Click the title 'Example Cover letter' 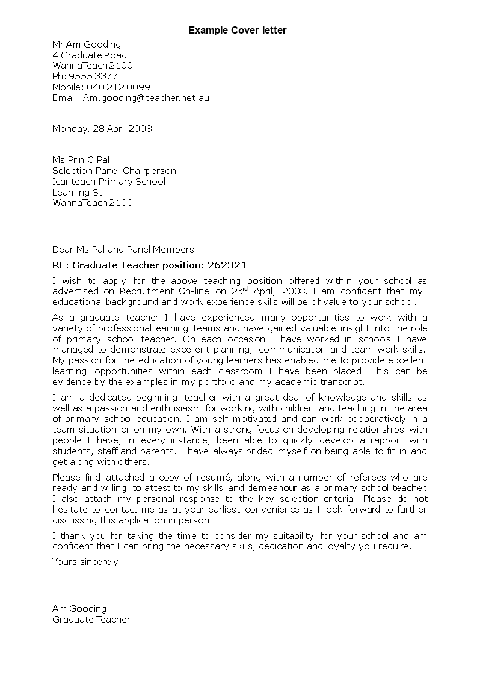coord(238,30)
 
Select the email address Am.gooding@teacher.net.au coord(146,97)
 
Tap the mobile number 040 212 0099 coord(118,87)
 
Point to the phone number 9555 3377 coord(93,76)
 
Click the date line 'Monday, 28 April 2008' coord(102,128)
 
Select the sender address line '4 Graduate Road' coord(90,55)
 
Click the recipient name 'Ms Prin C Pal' coord(81,160)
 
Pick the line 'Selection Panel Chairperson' coord(114,171)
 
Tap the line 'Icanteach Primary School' coord(109,182)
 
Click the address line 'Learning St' coord(78,193)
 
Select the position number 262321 coord(227,265)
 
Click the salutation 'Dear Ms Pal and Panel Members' coord(123,249)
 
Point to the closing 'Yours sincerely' coord(85,562)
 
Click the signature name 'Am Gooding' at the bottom coord(79,608)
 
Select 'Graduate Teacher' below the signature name coord(91,619)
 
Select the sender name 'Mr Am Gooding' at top coord(87,44)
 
